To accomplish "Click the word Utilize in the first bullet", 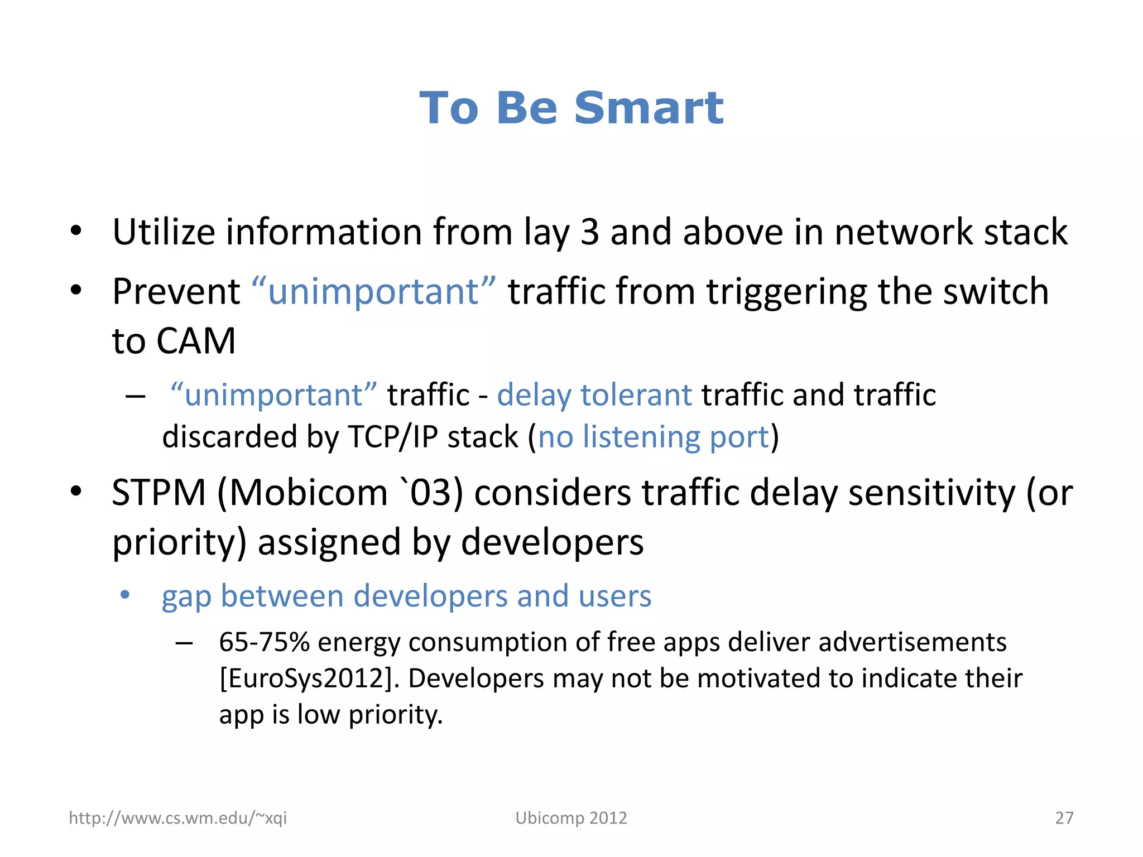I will tap(163, 232).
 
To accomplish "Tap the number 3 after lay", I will tap(589, 232).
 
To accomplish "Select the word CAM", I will tap(196, 341).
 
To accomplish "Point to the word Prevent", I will tap(176, 291).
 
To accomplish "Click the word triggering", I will tap(786, 292).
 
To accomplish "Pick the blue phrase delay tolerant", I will tap(594, 395).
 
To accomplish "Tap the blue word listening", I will tap(641, 437).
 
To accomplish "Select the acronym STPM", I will tap(159, 493).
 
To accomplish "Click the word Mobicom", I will tap(302, 493).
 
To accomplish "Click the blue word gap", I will tap(186, 597).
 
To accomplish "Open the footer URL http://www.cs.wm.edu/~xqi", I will tap(177, 818).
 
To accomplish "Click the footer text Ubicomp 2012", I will tap(571, 818).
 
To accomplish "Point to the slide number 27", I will tap(1064, 818).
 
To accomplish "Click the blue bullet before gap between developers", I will tap(125, 595).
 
